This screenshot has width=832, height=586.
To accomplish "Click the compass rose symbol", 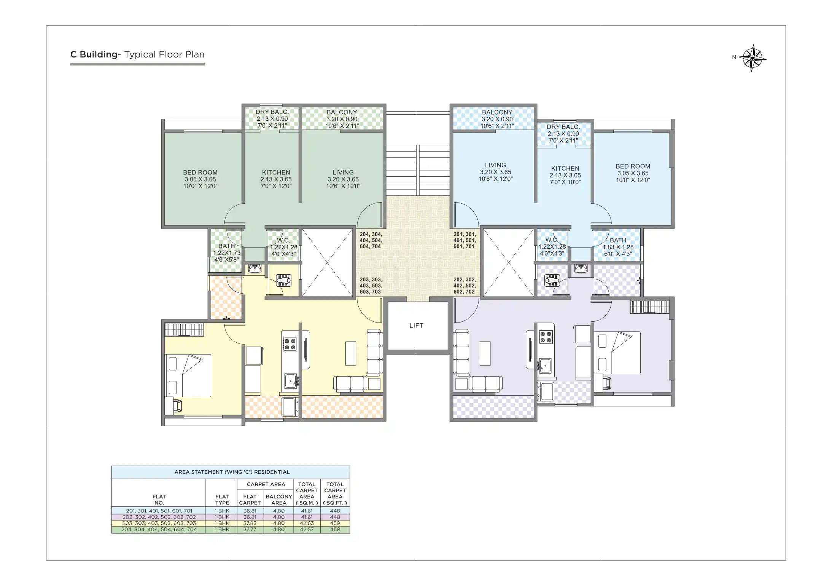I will (752, 58).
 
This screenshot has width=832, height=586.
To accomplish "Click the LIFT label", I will (416, 326).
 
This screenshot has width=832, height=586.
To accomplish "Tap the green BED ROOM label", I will (200, 179).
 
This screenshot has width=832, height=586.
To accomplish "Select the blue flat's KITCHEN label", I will (565, 175).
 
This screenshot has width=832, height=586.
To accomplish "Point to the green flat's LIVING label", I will (343, 179).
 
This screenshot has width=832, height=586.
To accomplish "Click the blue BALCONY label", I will (497, 119).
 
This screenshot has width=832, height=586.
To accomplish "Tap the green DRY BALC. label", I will (272, 118).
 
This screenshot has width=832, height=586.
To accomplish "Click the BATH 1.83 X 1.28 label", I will (618, 247).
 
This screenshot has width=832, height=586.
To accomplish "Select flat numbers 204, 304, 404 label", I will (371, 240).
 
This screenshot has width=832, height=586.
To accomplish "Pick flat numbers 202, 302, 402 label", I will (464, 286).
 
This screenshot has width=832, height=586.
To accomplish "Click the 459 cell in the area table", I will (335, 523).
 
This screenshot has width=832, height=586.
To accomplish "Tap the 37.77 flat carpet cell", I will (250, 529).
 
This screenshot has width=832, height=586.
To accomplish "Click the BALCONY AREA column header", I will (278, 500).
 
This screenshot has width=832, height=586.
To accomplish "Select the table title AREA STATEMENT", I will (232, 472).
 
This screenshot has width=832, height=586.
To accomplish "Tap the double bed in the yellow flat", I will (188, 375).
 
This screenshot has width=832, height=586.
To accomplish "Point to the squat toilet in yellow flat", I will (283, 281).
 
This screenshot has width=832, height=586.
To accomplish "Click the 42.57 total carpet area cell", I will (307, 529).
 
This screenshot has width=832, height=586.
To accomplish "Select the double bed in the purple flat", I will (617, 353).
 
